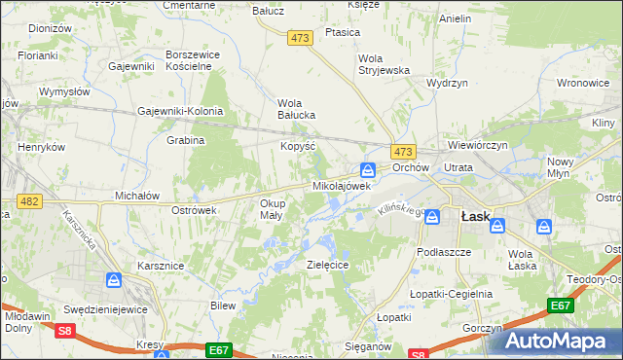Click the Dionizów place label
tap(51, 29)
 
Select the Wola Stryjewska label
tap(384, 63)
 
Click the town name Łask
tap(475, 218)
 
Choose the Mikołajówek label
tap(342, 185)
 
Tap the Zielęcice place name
tap(328, 264)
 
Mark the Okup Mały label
tap(272, 209)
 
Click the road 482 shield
tap(28, 200)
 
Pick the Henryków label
tap(41, 147)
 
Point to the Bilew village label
tap(224, 306)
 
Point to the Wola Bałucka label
tap(297, 109)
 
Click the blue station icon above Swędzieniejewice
tap(114, 280)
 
